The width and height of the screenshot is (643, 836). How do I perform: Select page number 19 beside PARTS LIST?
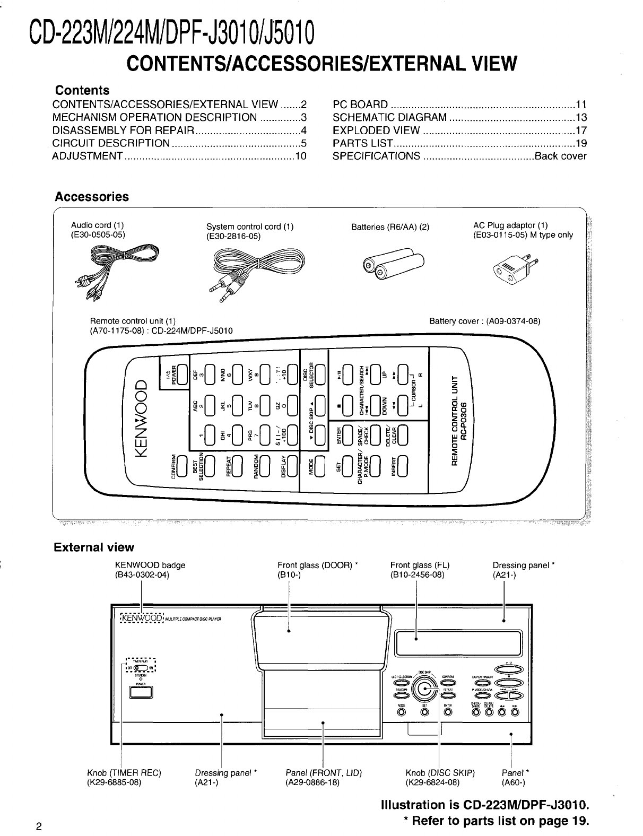581,143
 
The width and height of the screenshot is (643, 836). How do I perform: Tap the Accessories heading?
92,197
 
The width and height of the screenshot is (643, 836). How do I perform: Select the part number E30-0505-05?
98,234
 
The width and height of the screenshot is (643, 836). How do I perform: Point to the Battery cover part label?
484,321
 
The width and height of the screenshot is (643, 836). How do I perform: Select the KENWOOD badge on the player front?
142,619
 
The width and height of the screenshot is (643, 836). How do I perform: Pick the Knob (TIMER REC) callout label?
124,773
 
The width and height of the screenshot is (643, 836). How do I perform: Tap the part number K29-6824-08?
432,782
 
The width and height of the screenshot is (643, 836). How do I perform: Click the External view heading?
94,547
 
